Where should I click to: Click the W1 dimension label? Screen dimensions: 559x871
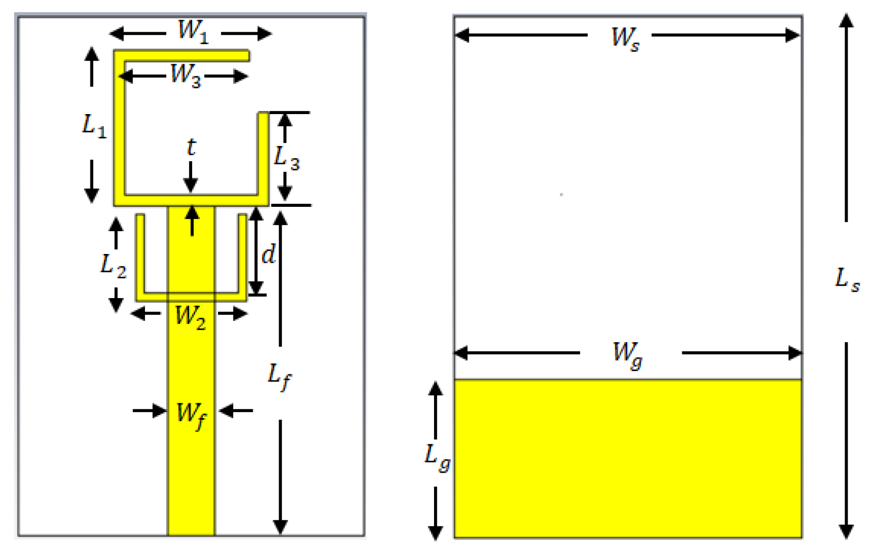193,31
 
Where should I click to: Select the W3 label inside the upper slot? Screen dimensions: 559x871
185,75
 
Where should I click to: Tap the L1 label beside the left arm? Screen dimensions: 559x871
94,125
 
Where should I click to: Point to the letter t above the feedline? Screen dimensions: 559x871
191,147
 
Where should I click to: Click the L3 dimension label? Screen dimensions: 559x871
287,158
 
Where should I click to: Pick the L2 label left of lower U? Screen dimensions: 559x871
113,265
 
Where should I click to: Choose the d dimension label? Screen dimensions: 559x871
269,254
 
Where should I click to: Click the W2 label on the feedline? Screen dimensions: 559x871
190,316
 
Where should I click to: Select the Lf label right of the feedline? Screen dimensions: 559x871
280,376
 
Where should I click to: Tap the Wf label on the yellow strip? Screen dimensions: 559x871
191,414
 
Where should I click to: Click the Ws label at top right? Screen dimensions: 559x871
625,38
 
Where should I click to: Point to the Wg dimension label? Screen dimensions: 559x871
627,354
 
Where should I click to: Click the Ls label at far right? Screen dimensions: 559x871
847,279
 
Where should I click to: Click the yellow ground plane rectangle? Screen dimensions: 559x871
628,458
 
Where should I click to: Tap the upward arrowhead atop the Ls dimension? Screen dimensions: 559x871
846,21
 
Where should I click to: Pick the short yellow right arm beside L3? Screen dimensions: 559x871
263,154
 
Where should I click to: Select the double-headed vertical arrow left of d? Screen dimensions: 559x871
256,251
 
